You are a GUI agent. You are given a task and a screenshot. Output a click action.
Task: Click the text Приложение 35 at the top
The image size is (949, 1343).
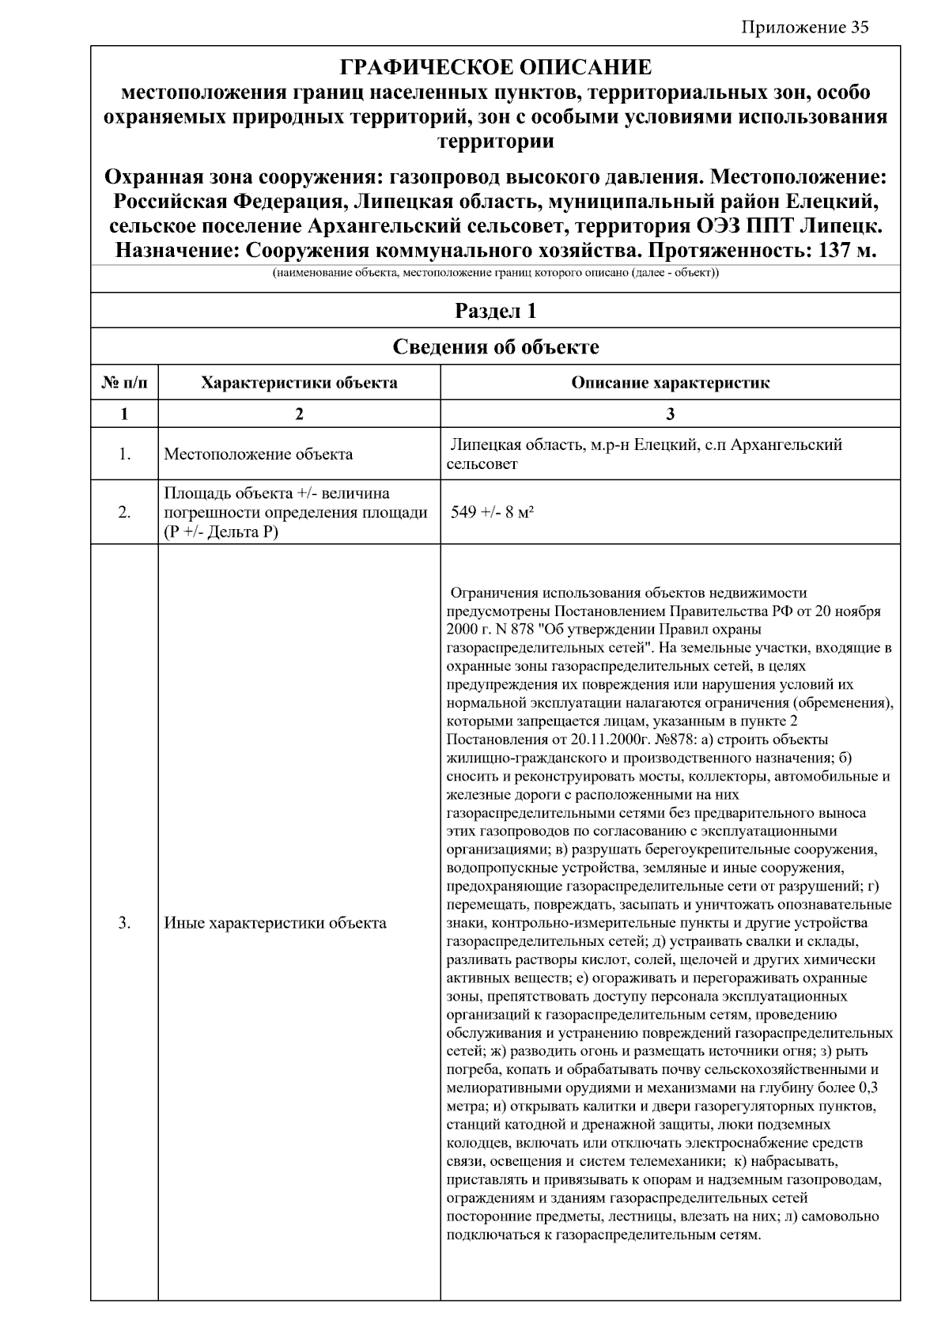click(x=804, y=28)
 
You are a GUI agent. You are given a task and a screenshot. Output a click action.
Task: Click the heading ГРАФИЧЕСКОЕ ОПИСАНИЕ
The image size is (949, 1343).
click(x=495, y=67)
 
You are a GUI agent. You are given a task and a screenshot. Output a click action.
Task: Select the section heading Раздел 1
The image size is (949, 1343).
click(x=495, y=311)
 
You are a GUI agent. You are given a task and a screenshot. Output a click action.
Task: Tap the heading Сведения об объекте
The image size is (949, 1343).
click(x=495, y=347)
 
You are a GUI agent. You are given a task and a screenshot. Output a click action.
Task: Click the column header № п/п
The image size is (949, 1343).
click(x=124, y=384)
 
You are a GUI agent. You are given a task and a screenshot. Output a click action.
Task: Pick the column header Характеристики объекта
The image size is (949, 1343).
click(x=299, y=384)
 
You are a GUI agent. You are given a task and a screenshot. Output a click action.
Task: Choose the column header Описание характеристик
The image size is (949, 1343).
click(x=670, y=384)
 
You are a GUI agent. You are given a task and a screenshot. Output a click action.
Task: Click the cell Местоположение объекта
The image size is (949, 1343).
click(x=258, y=455)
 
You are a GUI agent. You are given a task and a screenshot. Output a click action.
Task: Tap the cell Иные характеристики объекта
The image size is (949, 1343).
click(x=275, y=923)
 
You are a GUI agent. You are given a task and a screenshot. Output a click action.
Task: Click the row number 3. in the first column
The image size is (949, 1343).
click(x=124, y=923)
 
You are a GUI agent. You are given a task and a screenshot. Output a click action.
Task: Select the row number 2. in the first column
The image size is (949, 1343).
click(x=124, y=513)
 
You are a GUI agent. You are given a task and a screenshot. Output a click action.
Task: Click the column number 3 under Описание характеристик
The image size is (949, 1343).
click(x=670, y=414)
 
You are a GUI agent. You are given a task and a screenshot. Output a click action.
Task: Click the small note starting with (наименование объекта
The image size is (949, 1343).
click(x=495, y=274)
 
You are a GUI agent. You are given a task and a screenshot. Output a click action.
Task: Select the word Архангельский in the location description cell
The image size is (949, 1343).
click(x=786, y=445)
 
